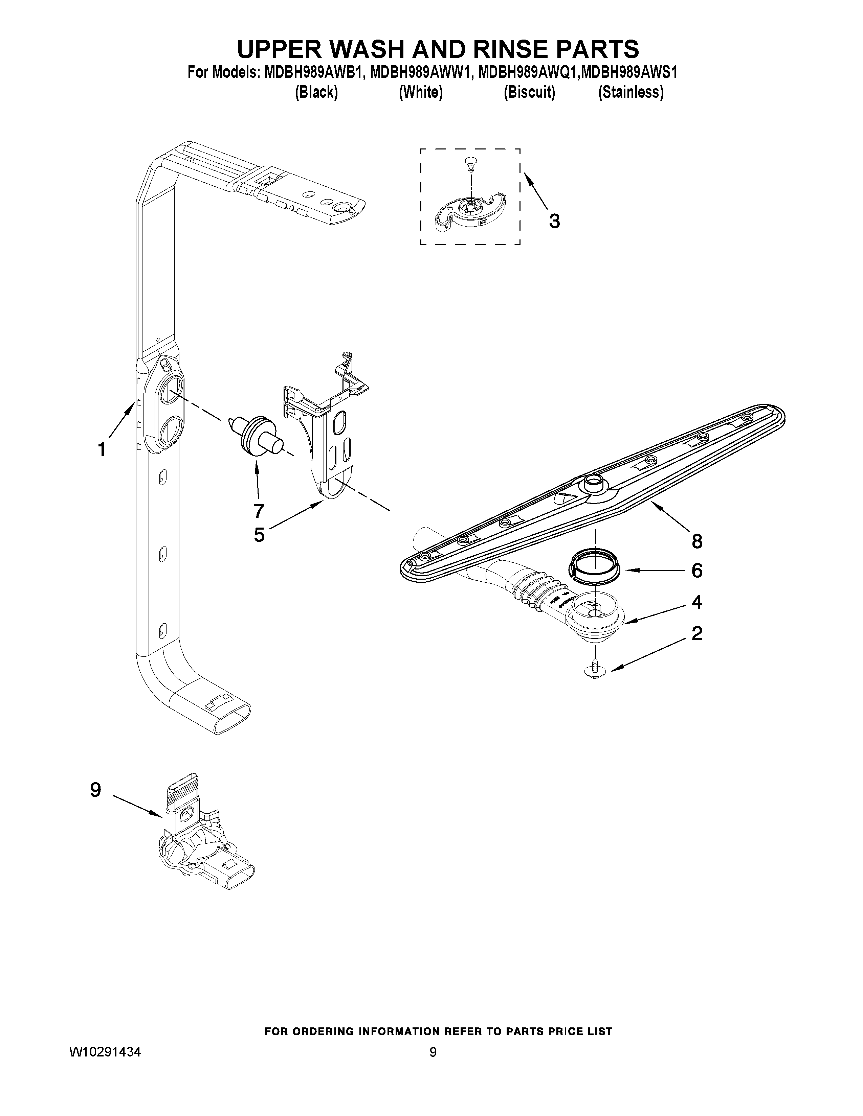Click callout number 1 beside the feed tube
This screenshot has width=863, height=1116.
pos(102,450)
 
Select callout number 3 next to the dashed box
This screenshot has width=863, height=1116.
pos(554,221)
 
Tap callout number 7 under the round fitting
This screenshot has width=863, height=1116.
pos(259,510)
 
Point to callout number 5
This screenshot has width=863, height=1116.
pos(259,534)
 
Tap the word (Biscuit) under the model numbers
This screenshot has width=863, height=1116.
pos(529,92)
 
